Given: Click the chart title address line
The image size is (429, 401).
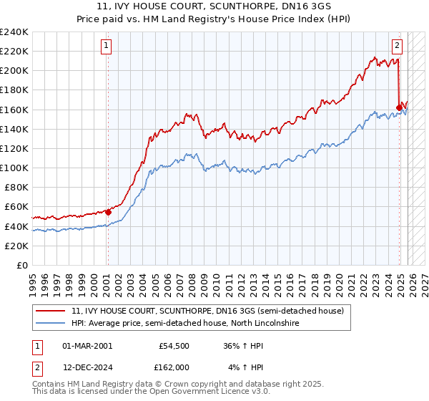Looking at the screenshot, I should (x=214, y=6).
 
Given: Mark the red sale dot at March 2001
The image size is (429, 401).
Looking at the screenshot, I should (x=108, y=212).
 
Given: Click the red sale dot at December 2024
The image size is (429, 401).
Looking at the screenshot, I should (x=398, y=107).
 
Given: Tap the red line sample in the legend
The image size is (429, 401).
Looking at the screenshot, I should (x=51, y=311).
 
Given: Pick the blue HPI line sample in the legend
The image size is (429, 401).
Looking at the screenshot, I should (x=51, y=324).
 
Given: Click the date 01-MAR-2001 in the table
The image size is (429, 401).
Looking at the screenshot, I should (x=87, y=346).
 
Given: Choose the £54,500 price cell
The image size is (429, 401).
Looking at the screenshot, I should (x=174, y=346).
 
